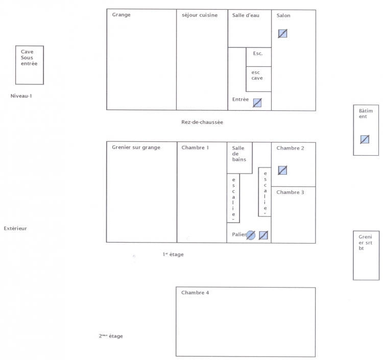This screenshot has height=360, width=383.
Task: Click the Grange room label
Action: point(121,15)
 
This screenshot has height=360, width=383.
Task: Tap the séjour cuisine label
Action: point(200,15)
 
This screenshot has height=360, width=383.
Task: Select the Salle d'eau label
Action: point(246,15)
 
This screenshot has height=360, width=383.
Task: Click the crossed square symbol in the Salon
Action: point(282,34)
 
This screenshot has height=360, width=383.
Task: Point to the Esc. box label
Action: point(258,53)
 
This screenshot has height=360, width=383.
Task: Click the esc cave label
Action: point(257,75)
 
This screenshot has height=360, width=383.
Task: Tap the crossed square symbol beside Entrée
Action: point(257,103)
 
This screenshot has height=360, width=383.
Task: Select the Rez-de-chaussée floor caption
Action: point(202,122)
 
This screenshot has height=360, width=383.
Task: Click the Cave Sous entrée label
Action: point(29,58)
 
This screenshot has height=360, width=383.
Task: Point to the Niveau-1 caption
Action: point(21,96)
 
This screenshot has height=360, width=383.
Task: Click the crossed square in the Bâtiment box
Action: point(365,139)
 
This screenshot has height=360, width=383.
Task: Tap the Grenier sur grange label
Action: point(136,147)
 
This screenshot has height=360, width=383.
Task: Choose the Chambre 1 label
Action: point(195,148)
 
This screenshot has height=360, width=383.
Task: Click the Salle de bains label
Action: point(239,154)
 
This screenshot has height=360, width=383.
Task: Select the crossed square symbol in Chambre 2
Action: point(282,170)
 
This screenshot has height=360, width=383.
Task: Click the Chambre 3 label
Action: point(290,192)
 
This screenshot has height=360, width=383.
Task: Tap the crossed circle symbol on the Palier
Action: point(251,235)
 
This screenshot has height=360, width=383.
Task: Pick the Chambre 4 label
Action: point(195,293)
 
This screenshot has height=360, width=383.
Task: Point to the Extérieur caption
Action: point(15,228)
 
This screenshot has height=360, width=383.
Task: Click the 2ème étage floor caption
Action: point(111,336)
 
